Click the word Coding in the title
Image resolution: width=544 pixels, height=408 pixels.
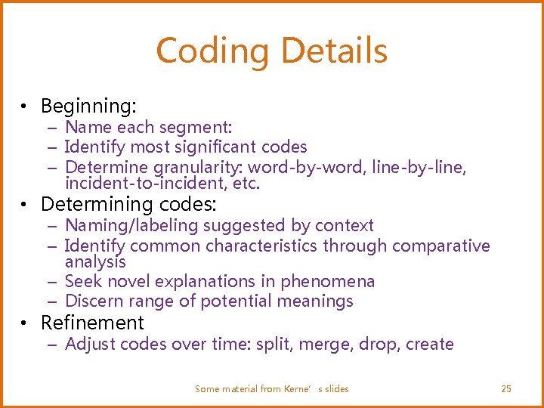pos(209,51)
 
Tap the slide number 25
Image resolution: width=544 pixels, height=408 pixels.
pos(506,388)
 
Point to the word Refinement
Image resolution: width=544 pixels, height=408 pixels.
pos(92,323)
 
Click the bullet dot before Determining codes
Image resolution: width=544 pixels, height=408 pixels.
pos(25,206)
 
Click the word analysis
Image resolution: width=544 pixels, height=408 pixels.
pos(95,262)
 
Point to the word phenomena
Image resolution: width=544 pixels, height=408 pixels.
pos(327,281)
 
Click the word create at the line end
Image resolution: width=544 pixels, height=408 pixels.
pos(429,344)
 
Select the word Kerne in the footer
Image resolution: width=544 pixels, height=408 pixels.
pos(300,388)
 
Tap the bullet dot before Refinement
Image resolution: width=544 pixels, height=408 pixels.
pos(25,324)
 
